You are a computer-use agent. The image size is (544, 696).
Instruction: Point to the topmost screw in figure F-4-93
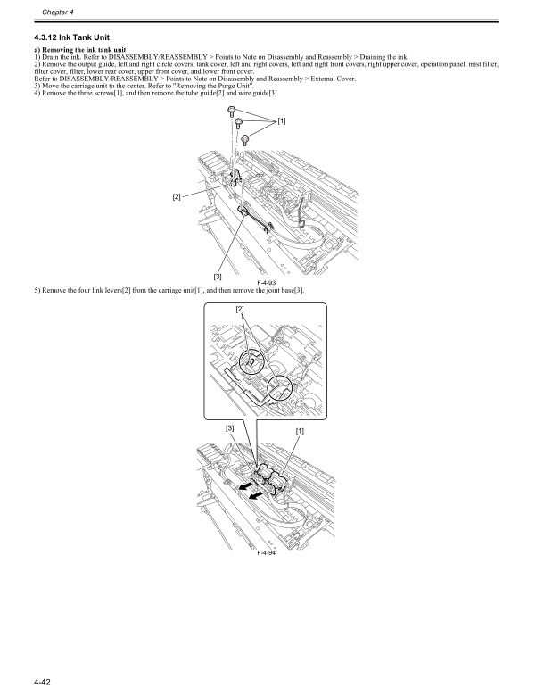click(231, 111)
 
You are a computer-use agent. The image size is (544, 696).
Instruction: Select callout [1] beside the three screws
click(281, 120)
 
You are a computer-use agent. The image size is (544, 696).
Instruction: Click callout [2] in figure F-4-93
click(177, 195)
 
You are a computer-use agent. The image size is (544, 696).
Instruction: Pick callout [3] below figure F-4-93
click(218, 278)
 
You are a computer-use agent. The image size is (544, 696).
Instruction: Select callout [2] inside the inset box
click(239, 309)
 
